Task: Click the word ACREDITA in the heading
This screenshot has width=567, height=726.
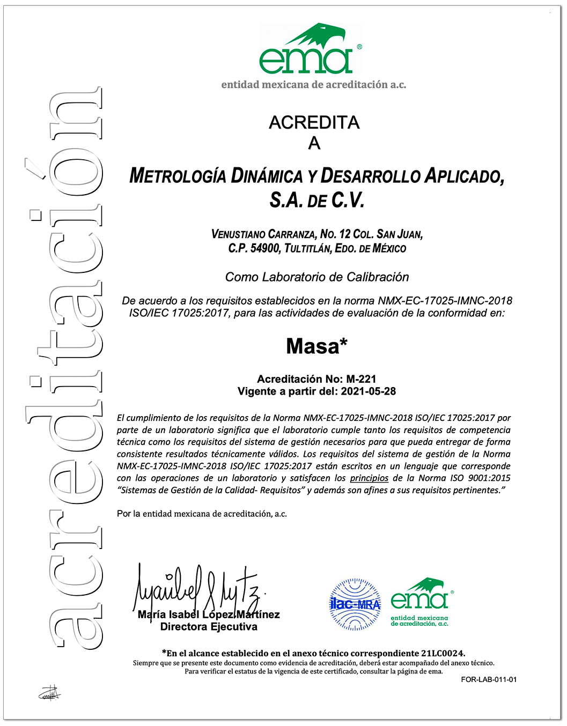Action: [314, 123]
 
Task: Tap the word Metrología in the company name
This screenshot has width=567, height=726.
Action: [177, 176]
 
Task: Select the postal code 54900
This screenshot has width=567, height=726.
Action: [264, 248]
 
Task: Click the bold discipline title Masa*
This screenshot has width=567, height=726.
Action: [316, 346]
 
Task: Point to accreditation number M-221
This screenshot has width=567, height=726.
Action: [361, 379]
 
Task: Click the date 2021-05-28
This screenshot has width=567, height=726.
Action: [368, 391]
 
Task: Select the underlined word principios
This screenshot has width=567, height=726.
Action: [369, 478]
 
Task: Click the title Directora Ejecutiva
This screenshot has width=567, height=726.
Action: [209, 627]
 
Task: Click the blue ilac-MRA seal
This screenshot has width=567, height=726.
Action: [355, 604]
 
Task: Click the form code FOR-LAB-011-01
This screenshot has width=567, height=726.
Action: [489, 680]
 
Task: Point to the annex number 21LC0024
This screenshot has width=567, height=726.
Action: [441, 653]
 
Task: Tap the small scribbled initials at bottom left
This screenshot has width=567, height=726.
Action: [50, 693]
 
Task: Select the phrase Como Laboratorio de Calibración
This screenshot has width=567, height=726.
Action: [317, 277]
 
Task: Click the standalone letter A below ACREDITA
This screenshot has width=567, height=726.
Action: [314, 144]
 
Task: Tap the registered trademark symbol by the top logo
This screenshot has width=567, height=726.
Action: [359, 47]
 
